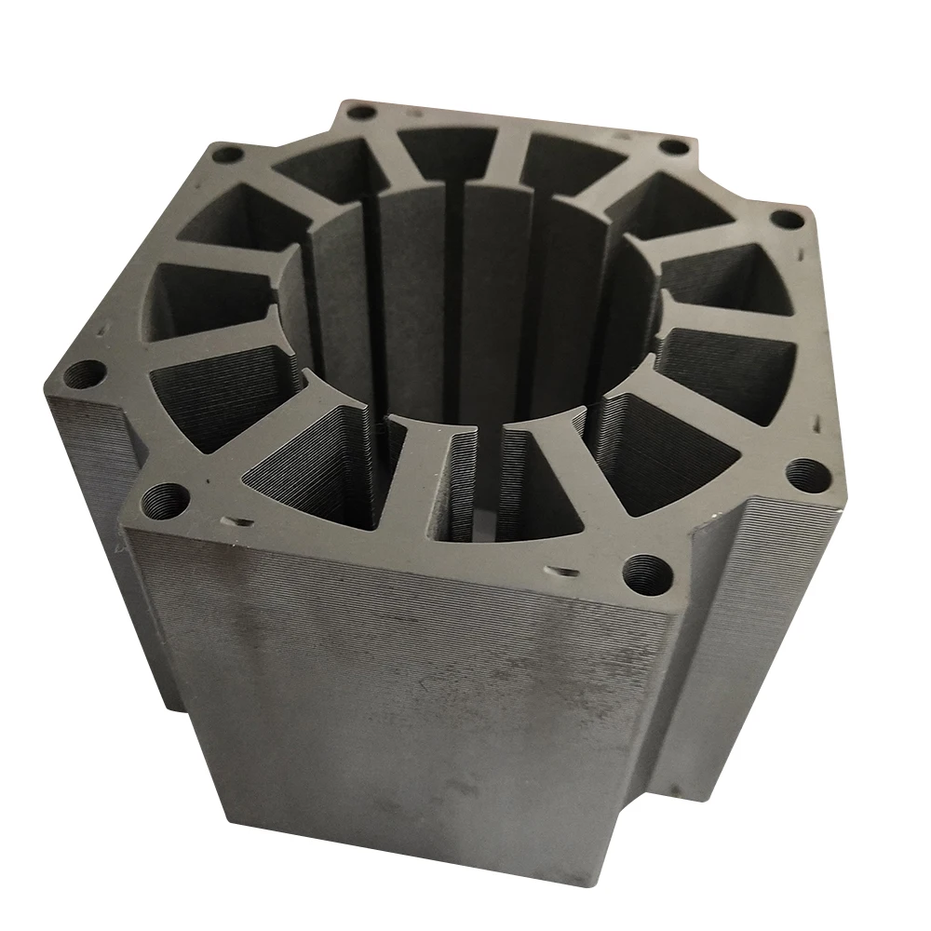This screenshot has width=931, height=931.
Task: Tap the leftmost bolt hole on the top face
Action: pyautogui.click(x=86, y=376)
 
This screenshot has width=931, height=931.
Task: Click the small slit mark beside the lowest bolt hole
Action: pyautogui.click(x=563, y=569)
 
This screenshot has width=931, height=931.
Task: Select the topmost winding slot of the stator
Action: pyautogui.click(x=447, y=149)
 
